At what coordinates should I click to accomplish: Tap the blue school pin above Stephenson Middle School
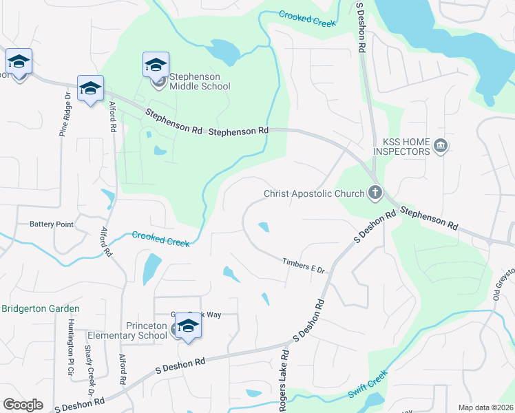point(156,65)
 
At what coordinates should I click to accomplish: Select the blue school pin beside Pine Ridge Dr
point(90,88)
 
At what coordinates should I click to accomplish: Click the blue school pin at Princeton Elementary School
point(187,326)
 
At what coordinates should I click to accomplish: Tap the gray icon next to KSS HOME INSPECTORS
point(441,146)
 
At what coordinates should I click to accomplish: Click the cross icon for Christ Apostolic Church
point(375,193)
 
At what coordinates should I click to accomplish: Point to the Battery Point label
point(51,224)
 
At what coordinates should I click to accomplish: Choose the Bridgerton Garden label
point(40,309)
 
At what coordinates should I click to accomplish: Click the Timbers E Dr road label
point(303,265)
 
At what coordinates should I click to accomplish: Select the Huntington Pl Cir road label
point(70,348)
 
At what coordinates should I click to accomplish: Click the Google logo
point(23,404)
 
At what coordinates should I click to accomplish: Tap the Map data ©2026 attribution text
point(485,407)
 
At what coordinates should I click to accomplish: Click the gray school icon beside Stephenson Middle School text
point(160,84)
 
